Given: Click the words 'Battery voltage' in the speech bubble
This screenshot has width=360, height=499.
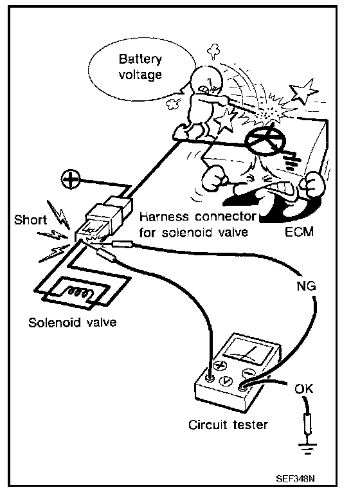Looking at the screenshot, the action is pos(140,67).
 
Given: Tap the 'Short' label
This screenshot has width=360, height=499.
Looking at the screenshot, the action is pos(30,219).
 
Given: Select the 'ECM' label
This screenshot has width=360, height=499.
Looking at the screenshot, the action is pos(299,231).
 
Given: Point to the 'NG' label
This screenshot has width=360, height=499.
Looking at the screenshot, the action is pos(306,286).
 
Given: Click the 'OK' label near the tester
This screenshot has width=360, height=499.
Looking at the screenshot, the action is pos(303,388).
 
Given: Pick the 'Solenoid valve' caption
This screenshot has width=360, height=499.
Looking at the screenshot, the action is pos(73,322).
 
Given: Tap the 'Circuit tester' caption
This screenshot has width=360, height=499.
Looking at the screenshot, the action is pos(228,424).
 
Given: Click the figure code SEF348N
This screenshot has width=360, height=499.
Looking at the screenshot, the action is pos(295,478).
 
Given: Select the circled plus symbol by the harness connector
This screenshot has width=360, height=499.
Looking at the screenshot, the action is pos(71,179).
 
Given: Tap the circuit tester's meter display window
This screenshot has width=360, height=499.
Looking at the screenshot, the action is pos(248,351).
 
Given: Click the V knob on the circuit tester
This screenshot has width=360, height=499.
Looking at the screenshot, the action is pos(226,380).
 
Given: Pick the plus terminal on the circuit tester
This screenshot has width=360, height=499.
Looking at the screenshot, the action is pos(219,365).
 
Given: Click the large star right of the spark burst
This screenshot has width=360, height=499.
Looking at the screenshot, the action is pos(303,91).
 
